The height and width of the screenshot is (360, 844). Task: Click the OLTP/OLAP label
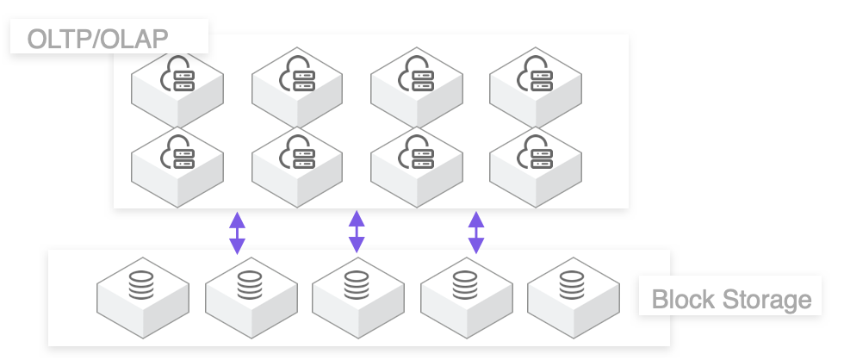tap(97, 39)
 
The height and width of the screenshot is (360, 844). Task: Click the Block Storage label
tap(731, 299)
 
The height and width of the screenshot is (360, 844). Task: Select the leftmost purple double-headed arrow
tap(237, 233)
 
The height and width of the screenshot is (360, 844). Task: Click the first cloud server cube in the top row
tap(177, 87)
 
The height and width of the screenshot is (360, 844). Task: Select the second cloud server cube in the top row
tap(297, 87)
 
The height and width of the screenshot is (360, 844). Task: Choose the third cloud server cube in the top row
tap(416, 87)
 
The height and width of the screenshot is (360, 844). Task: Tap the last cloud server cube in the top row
tap(535, 87)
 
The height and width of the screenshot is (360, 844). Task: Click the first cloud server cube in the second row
tap(177, 166)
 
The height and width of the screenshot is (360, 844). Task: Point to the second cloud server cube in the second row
tap(297, 166)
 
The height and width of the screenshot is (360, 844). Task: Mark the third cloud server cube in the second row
tap(416, 166)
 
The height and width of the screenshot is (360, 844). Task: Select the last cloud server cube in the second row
tap(535, 166)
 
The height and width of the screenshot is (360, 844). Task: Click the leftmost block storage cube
tap(142, 297)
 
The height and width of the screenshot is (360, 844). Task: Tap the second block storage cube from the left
tap(251, 297)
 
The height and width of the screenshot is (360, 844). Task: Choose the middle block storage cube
tap(357, 297)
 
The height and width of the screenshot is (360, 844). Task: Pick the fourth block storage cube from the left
tap(466, 297)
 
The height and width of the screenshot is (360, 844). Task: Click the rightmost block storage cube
tap(573, 297)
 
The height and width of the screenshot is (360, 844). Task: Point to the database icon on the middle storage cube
tap(357, 285)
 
